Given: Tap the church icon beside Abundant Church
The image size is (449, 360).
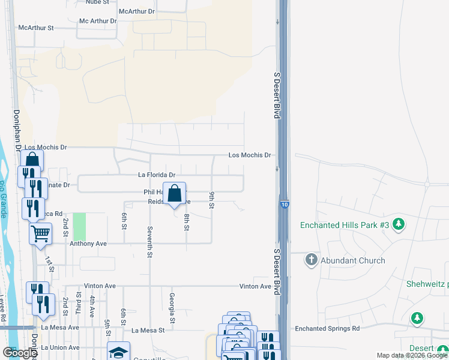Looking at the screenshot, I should [x=311, y=260].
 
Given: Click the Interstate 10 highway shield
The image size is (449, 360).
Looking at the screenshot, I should [x=282, y=205].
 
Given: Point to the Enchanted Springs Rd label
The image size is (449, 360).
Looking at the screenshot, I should [x=327, y=329].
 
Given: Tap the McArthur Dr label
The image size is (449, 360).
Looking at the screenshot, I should [x=136, y=11].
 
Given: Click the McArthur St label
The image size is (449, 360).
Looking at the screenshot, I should [x=36, y=28].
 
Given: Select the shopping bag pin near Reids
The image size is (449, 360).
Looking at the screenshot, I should [x=174, y=194].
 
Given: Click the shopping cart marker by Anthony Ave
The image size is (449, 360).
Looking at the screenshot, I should [x=40, y=233].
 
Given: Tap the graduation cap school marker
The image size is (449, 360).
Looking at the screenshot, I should [x=118, y=352].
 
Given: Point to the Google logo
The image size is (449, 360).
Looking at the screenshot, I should [x=20, y=353].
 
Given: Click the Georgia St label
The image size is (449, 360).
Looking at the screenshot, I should [x=172, y=304].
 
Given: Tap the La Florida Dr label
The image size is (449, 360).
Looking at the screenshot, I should [x=156, y=175].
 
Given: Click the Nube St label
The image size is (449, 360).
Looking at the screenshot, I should [x=97, y=2].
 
